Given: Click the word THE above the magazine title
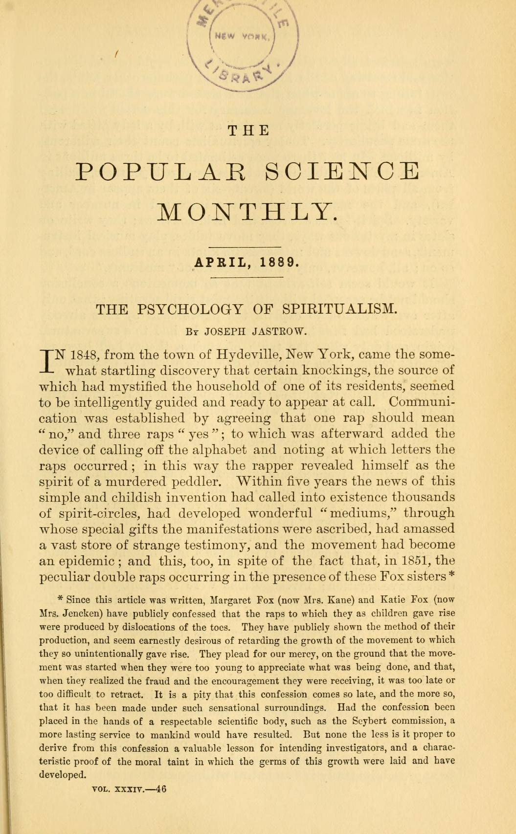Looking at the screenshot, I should [249, 131].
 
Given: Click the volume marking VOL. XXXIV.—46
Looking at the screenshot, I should [130, 789].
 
